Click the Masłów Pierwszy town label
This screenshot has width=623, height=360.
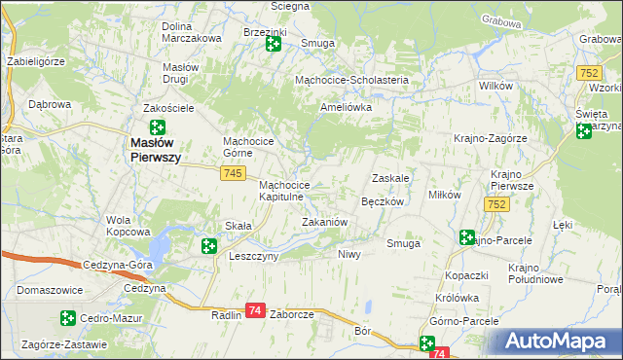pyautogui.click(x=155, y=152)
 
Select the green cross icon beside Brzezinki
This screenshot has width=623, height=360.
pyautogui.click(x=274, y=44)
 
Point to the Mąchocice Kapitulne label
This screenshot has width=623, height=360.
pyautogui.click(x=284, y=191)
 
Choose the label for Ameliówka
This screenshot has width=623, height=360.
pyautogui.click(x=347, y=108)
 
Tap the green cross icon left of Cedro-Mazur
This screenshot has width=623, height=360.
pyautogui.click(x=67, y=317)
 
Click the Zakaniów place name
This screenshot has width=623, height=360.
pyautogui.click(x=324, y=222)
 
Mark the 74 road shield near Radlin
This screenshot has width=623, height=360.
pyautogui.click(x=255, y=309)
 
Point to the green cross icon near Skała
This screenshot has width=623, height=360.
pyautogui.click(x=209, y=246)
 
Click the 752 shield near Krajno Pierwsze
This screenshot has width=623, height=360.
pyautogui.click(x=496, y=204)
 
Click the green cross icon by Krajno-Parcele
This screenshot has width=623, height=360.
pyautogui.click(x=467, y=237)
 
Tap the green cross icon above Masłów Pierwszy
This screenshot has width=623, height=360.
pyautogui.click(x=157, y=127)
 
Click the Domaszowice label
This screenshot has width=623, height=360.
pyautogui.click(x=49, y=290)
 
